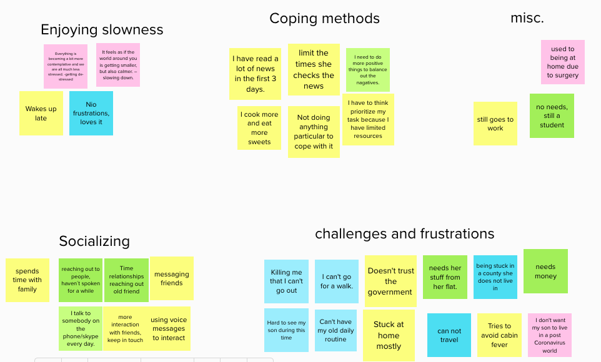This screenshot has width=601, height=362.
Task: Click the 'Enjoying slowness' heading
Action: point(102,30)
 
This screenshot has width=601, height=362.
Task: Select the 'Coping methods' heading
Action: point(324,19)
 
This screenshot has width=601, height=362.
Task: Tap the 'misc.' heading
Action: point(527,19)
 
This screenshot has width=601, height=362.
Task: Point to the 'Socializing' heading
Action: point(94,242)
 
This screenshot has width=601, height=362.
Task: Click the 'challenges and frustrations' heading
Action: point(404,234)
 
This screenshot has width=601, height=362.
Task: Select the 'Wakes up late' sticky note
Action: point(41,114)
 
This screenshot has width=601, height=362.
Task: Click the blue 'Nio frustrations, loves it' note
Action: point(91,114)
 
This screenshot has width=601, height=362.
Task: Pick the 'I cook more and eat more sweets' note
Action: point(259,128)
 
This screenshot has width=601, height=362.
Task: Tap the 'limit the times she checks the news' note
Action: point(314,70)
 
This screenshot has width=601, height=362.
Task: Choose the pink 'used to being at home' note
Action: point(562,62)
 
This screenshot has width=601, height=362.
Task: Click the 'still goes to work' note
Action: point(495,124)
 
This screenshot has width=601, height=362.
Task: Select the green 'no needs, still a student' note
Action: point(552,116)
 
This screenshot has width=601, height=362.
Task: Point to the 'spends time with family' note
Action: point(27,280)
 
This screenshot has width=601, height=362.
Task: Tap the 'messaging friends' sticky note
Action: point(171,278)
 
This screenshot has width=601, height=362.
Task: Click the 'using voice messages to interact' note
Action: point(169,329)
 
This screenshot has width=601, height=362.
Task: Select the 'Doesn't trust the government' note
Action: point(390,281)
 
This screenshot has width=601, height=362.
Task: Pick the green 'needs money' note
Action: point(545,271)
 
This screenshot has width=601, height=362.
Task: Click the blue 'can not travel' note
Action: point(449,335)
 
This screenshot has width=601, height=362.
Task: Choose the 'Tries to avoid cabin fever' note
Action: point(499,335)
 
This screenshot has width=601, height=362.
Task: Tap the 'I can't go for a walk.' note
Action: point(336,281)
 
